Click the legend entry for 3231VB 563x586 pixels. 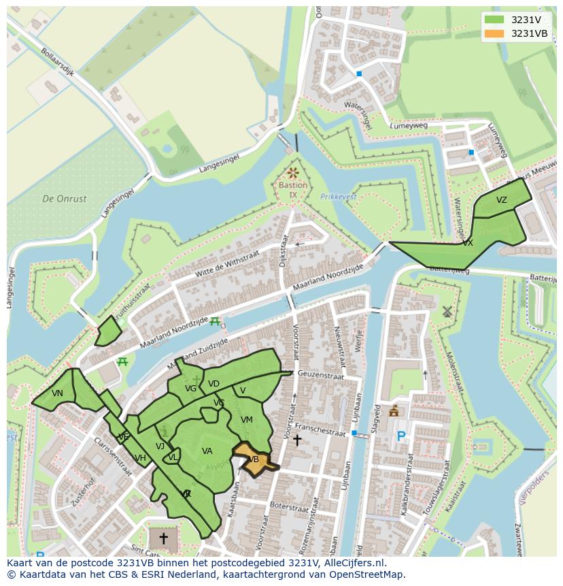[529, 33]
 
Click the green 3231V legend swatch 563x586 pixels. [494, 20]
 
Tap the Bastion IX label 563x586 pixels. [293, 190]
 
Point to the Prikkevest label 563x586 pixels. [338, 197]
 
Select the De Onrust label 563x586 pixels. [65, 199]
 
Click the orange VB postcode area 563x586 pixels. [252, 459]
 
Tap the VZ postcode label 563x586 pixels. [502, 200]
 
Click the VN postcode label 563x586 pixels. [57, 393]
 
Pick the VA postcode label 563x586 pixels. [207, 451]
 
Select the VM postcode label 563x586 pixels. [247, 420]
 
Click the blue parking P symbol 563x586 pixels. [401, 437]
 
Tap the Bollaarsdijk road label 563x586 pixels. [56, 62]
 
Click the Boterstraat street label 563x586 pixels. [289, 506]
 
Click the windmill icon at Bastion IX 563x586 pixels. [293, 174]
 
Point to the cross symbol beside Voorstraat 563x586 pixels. [296, 440]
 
